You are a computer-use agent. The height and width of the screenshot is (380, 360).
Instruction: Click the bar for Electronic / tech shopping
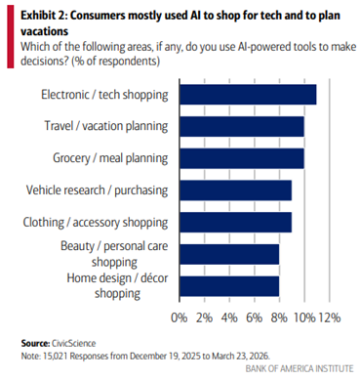coord(247,94)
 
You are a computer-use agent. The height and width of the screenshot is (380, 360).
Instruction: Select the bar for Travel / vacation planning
coord(241,126)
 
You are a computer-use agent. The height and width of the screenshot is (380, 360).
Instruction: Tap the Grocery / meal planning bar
coord(241,158)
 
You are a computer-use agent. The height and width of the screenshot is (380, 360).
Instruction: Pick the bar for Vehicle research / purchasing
coord(235,190)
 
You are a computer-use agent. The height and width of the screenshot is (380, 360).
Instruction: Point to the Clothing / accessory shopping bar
coord(235,222)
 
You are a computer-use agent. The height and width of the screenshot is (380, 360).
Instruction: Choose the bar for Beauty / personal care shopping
coord(228,254)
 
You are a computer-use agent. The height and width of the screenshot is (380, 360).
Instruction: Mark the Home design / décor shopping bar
coord(228,286)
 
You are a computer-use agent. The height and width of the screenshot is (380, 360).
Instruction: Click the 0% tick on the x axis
coord(181,317)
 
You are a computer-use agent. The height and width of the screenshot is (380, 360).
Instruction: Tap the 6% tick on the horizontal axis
coord(256,317)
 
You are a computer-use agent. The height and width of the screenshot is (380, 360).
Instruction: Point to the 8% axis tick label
coord(280,317)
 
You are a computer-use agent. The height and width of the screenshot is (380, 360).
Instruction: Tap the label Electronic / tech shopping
coord(104,94)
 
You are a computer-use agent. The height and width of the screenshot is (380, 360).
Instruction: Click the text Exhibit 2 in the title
coord(43,13)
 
